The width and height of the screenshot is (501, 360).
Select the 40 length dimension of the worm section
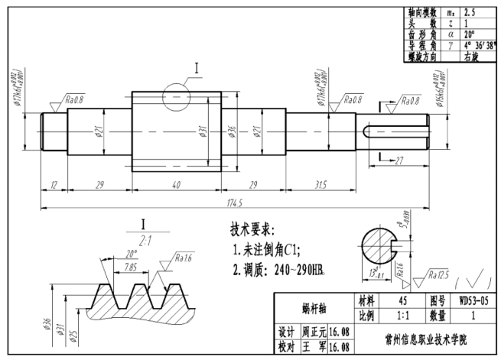[176, 184]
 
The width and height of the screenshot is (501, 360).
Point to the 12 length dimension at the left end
[54, 184]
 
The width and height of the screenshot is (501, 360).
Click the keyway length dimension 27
[399, 159]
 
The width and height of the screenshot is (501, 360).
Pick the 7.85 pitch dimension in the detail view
[131, 268]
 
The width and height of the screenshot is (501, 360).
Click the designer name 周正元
[314, 332]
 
